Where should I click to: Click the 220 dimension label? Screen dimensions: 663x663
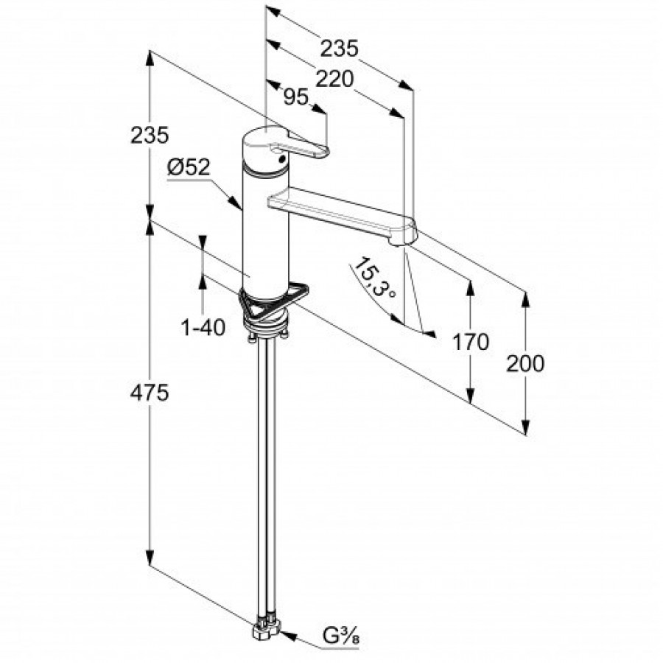pyautogui.click(x=334, y=79)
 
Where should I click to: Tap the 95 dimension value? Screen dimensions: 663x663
pyautogui.click(x=295, y=98)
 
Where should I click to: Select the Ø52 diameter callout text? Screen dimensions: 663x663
pyautogui.click(x=188, y=167)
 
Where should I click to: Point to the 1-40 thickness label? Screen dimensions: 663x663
pyautogui.click(x=203, y=328)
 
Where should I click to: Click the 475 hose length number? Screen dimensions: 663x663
pyautogui.click(x=150, y=393)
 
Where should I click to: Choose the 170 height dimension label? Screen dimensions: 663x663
pyautogui.click(x=471, y=342)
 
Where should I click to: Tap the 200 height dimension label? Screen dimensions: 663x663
pyautogui.click(x=525, y=363)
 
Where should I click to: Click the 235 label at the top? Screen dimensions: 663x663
pyautogui.click(x=339, y=49)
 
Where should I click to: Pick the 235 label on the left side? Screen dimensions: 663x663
pyautogui.click(x=150, y=136)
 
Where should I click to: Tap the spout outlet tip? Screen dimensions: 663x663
pyautogui.click(x=399, y=242)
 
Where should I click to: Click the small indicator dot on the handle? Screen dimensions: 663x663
pyautogui.click(x=281, y=159)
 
